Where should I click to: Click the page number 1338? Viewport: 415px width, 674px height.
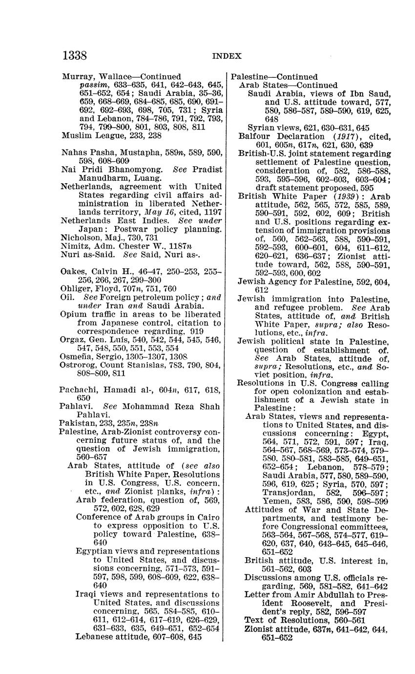74,56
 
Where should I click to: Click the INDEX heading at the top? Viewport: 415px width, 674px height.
227,56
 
